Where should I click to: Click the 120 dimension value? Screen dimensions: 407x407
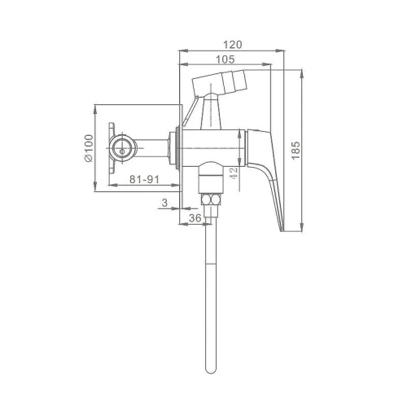pos(233,45)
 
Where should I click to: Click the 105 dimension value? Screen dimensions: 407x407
pos(225,59)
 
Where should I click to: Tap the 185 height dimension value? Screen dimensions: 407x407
pos(295,151)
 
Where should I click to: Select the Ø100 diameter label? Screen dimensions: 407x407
pos(89,148)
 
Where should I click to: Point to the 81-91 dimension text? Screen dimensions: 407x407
pos(144,179)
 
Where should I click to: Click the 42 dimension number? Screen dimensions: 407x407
pos(234,173)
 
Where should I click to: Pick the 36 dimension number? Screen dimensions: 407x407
pos(195,218)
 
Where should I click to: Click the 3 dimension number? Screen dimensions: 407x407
pos(164,203)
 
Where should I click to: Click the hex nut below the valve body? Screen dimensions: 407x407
pos(212,199)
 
